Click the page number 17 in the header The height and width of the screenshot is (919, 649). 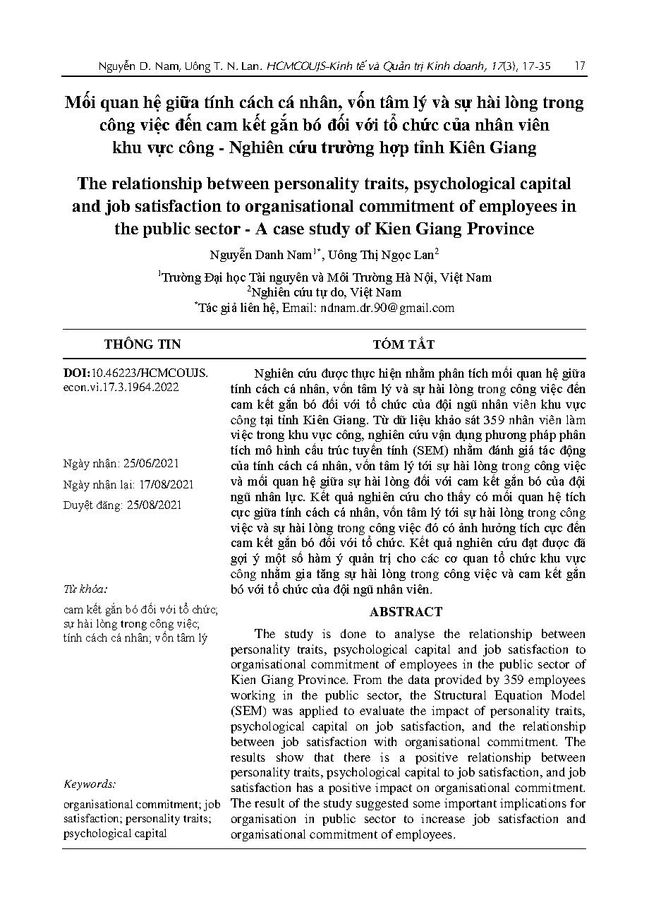580,66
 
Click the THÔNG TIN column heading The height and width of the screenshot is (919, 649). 142,344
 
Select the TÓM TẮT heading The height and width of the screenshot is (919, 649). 404,344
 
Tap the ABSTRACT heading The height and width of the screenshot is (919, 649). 406,612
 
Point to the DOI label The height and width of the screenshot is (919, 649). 75,373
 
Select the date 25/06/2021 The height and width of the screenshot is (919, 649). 152,464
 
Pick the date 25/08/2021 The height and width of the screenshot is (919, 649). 153,505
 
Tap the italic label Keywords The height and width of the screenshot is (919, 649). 90,784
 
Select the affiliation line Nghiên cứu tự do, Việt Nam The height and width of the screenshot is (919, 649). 326,292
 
